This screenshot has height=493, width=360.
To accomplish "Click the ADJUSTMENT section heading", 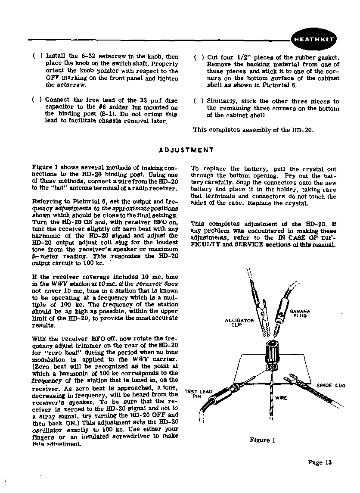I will point(186,150).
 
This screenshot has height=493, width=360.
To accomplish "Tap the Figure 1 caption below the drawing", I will point(262,440).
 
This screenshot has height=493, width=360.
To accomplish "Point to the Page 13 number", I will point(320,462).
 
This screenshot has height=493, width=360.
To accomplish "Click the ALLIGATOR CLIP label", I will point(239,322).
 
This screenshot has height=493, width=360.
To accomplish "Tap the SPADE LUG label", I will point(331,385).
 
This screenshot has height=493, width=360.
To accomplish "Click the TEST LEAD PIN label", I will point(199,393).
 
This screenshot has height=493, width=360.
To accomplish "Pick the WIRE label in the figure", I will point(281,398).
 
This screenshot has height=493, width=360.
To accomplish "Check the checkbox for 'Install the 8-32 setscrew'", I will point(37,56).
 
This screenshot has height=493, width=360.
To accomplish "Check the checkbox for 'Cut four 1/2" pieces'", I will point(199,58).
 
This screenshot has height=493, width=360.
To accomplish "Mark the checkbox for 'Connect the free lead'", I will point(37,100).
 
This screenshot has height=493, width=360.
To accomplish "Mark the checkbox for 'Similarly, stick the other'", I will point(199,101).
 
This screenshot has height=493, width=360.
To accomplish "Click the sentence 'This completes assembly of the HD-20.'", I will point(253,130).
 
